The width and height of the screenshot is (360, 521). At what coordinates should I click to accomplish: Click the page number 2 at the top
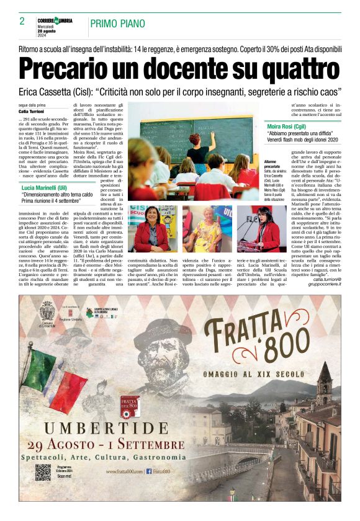pos(22,21)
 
